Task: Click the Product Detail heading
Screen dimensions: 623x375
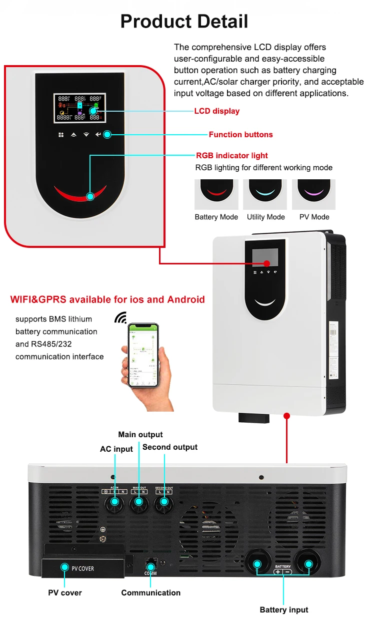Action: tap(184, 21)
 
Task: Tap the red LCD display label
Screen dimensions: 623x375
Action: tap(216, 111)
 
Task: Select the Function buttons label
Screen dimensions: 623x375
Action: tap(240, 135)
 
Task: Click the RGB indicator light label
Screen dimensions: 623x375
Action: tap(231, 156)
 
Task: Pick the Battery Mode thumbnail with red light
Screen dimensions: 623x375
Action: tap(216, 194)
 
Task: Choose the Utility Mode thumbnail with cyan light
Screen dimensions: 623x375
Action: tap(265, 194)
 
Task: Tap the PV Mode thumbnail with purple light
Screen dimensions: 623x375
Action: tap(313, 194)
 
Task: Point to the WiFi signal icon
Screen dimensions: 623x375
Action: tap(120, 318)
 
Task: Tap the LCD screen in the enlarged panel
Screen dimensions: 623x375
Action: tap(80, 108)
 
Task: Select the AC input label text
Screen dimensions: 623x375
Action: tap(116, 449)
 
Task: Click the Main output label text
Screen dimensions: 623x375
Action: tap(140, 435)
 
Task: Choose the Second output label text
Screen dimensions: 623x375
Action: tap(170, 447)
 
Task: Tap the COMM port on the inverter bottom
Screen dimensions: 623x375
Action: tap(150, 564)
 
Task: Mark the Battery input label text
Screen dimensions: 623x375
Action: tap(284, 610)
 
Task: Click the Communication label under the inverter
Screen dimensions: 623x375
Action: tap(151, 593)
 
